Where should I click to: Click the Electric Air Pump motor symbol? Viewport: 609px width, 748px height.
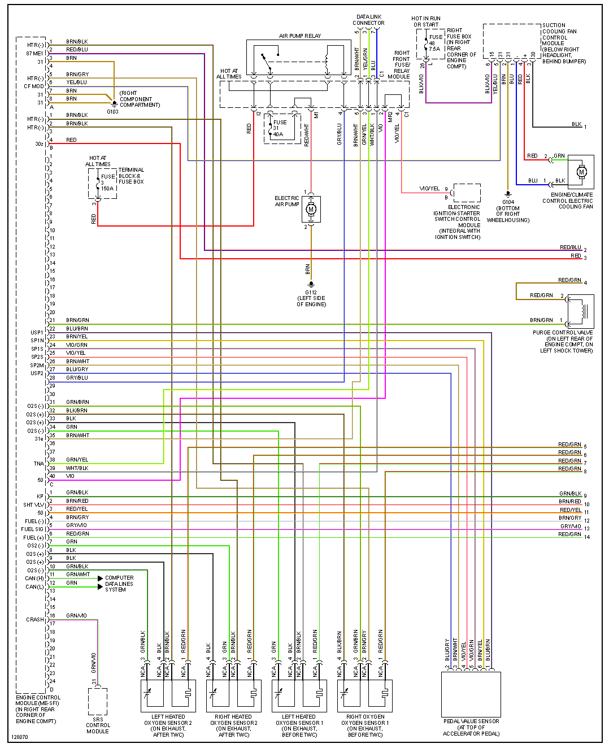point(311,210)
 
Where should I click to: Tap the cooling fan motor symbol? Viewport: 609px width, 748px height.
point(581,172)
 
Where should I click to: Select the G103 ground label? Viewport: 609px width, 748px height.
point(112,111)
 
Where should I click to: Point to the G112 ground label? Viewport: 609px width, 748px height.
point(311,293)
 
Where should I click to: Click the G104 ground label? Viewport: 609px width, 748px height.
point(508,202)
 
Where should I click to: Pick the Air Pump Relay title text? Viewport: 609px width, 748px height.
point(300,36)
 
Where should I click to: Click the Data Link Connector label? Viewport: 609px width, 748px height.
point(368,20)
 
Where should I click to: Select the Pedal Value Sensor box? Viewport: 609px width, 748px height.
point(471,694)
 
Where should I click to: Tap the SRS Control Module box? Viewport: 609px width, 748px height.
point(98,701)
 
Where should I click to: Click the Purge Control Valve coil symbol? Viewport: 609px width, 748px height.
point(581,311)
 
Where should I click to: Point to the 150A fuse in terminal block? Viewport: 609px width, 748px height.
point(102,184)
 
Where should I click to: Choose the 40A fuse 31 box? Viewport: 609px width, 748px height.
point(282,128)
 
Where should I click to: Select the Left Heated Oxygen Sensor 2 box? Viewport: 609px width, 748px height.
point(168,695)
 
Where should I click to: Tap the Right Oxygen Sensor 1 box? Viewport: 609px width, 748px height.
point(365,695)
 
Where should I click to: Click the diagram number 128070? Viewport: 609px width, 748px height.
point(19,737)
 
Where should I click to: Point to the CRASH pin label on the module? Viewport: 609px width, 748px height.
point(34,620)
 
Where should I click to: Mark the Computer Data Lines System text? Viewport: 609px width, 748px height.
point(119,584)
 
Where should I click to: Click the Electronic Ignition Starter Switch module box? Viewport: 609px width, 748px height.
point(467,193)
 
